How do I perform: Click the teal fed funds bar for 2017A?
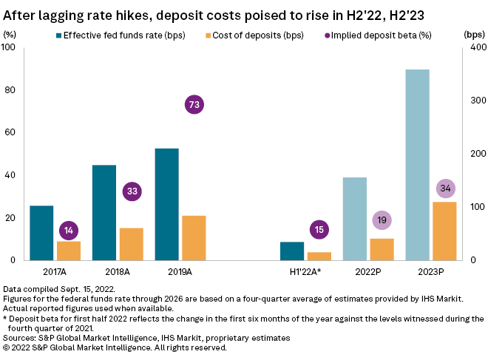[x=41, y=233]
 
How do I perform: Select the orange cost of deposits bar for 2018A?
[x=131, y=244]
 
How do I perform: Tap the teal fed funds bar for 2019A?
[x=166, y=204]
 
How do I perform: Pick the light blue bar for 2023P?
[x=418, y=165]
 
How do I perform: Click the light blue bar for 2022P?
[x=354, y=219]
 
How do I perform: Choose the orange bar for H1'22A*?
[x=319, y=256]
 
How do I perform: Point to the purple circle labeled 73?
[x=194, y=105]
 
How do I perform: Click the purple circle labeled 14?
[x=69, y=231]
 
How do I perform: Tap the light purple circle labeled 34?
[x=445, y=189]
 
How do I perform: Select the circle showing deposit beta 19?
[x=382, y=220]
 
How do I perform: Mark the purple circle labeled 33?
[x=132, y=191]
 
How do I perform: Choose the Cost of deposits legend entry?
[x=251, y=35]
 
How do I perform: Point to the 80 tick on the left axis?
[x=10, y=90]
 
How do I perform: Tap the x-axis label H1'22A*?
[x=307, y=272]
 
